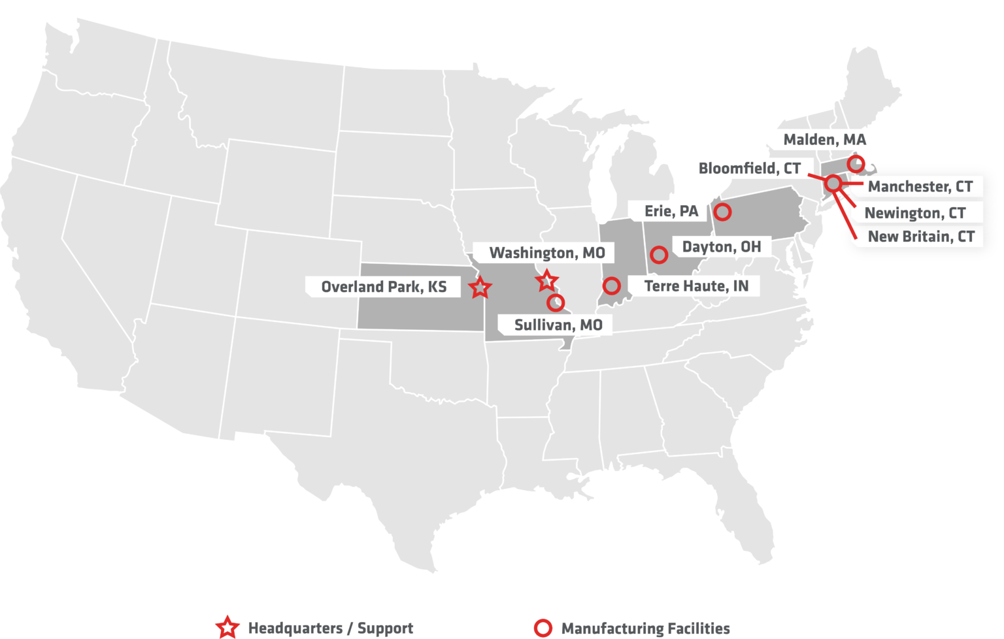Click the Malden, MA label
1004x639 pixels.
point(824,140)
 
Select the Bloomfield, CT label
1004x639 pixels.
point(749,169)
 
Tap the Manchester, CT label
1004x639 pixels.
point(920,187)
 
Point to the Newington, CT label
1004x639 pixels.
point(914,213)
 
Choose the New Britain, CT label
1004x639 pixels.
point(920,237)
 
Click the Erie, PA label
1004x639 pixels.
point(671,211)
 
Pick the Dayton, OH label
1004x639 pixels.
point(721,247)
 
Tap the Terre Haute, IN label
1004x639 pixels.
point(696,286)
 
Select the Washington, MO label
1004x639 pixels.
point(547,253)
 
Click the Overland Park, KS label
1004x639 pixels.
point(384,287)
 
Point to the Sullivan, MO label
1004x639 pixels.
point(558,325)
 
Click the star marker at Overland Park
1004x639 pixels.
point(480,287)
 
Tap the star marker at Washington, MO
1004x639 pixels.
point(546,281)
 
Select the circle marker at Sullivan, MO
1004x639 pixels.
point(556,303)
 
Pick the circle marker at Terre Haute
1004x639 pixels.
point(611,286)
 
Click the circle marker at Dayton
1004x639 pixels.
point(659,255)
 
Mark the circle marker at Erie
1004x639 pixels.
point(722,212)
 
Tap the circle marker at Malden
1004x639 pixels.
point(856,163)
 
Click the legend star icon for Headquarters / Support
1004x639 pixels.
point(227,627)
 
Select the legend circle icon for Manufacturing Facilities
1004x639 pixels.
point(543,628)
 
